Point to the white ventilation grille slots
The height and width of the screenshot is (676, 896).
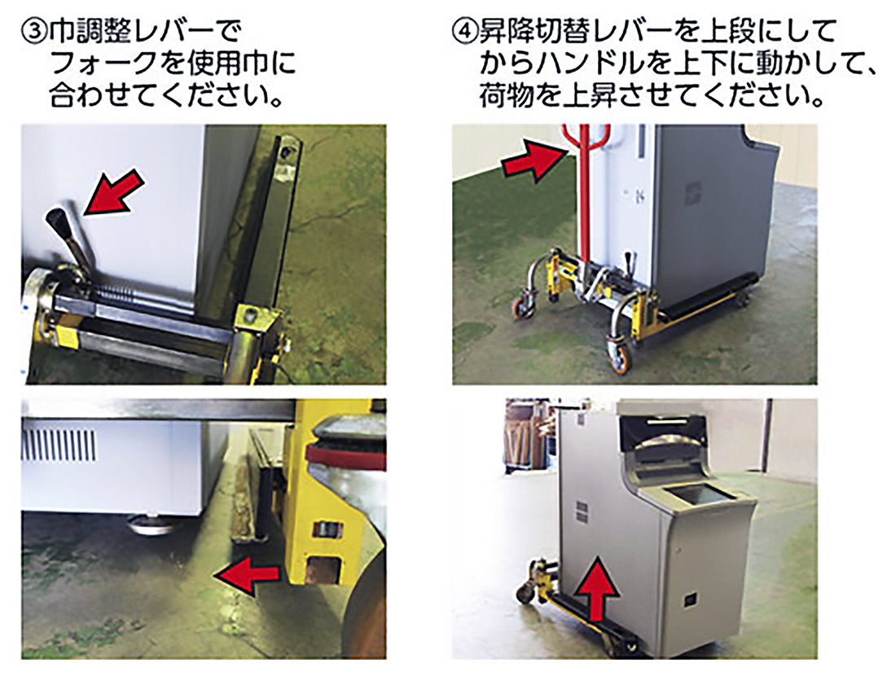pos(59,445)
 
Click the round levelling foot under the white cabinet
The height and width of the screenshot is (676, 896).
pos(151,524)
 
